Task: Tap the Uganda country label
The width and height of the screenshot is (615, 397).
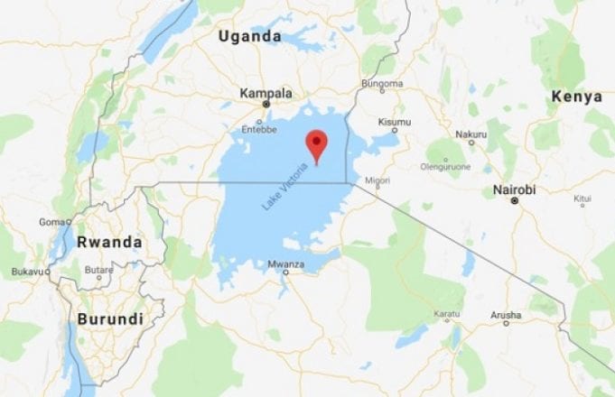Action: click(x=249, y=36)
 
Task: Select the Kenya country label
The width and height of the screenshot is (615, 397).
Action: click(x=577, y=97)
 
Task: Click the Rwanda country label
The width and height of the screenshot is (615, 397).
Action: click(x=109, y=242)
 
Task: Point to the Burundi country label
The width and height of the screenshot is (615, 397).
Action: click(x=109, y=319)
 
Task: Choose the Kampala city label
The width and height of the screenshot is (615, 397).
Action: click(x=266, y=93)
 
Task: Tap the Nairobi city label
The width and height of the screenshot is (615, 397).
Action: click(x=515, y=189)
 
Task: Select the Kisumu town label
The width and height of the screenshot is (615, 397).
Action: click(x=394, y=122)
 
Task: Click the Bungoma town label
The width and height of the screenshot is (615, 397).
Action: click(x=381, y=84)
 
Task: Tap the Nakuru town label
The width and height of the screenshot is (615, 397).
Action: click(x=471, y=135)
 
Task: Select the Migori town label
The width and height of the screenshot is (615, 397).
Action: click(x=377, y=181)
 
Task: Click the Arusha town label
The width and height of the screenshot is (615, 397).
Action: click(x=506, y=315)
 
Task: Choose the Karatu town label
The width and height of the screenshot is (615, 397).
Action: click(x=446, y=315)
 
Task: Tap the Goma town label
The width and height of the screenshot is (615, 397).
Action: click(x=52, y=222)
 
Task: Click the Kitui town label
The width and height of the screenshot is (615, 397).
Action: click(x=582, y=197)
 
